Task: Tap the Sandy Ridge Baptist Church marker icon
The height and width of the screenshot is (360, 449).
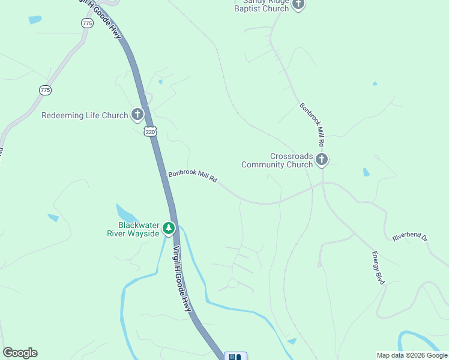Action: pyautogui.click(x=298, y=5)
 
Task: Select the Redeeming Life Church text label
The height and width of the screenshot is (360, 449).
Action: pyautogui.click(x=85, y=115)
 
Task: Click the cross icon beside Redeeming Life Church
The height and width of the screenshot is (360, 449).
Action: pyautogui.click(x=137, y=115)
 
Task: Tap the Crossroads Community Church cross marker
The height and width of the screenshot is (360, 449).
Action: pyautogui.click(x=322, y=160)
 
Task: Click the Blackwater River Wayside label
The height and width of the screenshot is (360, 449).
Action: pyautogui.click(x=133, y=229)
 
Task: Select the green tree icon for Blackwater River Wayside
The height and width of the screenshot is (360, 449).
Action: pyautogui.click(x=169, y=228)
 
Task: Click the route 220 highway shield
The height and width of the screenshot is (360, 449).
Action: pyautogui.click(x=150, y=131)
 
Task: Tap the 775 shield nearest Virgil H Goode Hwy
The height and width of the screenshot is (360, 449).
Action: pyautogui.click(x=88, y=23)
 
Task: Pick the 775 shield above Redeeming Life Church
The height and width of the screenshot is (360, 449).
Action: pyautogui.click(x=45, y=90)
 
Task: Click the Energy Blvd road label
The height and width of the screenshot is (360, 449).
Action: pyautogui.click(x=378, y=268)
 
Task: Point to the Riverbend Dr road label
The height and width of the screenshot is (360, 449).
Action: pyautogui.click(x=410, y=238)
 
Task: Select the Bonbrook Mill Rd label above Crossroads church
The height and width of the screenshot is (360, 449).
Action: pyautogui.click(x=312, y=125)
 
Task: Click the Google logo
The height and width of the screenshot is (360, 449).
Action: pyautogui.click(x=20, y=353)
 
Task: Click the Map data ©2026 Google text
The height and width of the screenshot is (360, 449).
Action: pyautogui.click(x=412, y=355)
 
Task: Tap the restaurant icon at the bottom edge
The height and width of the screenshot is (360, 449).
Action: pyautogui.click(x=235, y=356)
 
